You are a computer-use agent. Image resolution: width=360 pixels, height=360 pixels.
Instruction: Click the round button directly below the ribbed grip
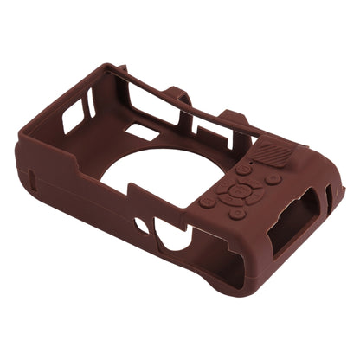tap(273, 179)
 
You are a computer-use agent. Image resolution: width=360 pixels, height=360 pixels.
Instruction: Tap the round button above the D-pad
tap(245, 170)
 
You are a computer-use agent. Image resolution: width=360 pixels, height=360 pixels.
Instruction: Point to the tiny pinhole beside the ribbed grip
tap(248, 160)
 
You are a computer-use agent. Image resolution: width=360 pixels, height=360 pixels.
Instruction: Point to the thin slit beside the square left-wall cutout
tap(91, 103)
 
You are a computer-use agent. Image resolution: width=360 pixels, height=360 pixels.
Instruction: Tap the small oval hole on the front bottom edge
tap(141, 227)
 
